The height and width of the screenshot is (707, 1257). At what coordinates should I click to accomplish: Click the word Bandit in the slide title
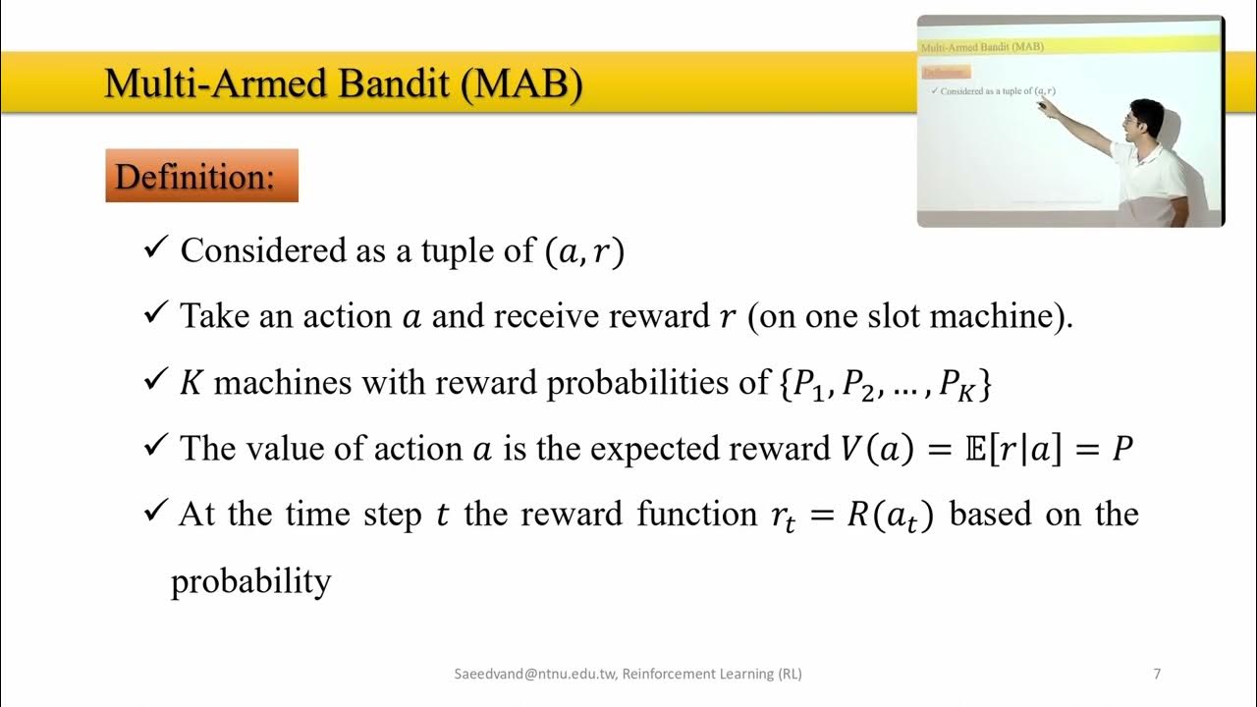pos(398,84)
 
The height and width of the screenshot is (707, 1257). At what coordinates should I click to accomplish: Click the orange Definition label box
pos(201,177)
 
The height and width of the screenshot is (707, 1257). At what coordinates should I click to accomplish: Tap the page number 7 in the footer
pos(1157,674)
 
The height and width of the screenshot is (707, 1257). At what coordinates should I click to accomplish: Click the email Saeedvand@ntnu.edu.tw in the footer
pos(534,674)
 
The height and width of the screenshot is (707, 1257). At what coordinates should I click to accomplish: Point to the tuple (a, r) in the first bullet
pos(583,252)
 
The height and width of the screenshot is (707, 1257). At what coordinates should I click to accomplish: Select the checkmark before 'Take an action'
pos(157,315)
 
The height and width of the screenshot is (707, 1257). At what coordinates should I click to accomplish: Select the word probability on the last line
pos(251,581)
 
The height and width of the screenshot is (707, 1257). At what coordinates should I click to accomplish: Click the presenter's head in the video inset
pos(1144,119)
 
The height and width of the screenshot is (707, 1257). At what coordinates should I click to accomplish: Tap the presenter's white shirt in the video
pos(1154,182)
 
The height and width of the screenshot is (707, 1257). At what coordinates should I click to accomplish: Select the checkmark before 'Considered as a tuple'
pos(157,249)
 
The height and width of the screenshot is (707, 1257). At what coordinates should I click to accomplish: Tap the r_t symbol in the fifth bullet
pos(784,517)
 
